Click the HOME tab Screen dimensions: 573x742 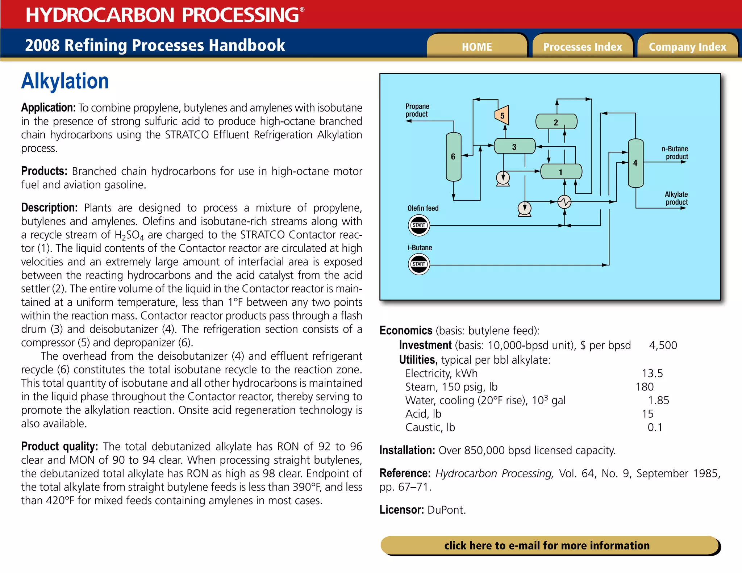pos(477,47)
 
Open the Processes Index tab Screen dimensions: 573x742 pos(582,47)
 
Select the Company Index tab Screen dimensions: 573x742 pos(687,47)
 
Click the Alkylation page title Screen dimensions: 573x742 pos(65,81)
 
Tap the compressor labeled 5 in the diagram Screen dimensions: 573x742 pos(502,116)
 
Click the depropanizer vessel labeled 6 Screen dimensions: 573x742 pos(453,156)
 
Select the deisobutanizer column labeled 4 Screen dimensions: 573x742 pos(635,163)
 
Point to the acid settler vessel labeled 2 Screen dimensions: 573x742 pos(556,122)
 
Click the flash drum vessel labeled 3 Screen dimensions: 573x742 pos(514,146)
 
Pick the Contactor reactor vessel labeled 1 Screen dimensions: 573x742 pos(561,172)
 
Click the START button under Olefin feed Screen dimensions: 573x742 pos(419,225)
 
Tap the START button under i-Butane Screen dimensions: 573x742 pos(419,264)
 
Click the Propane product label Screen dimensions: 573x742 pos(417,110)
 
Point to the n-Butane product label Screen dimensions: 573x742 pos(675,152)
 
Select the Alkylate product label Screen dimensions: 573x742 pos(676,198)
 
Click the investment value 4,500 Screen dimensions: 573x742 pos(663,345)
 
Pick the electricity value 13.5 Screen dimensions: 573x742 pos(652,373)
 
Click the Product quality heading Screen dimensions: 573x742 pos(59,447)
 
